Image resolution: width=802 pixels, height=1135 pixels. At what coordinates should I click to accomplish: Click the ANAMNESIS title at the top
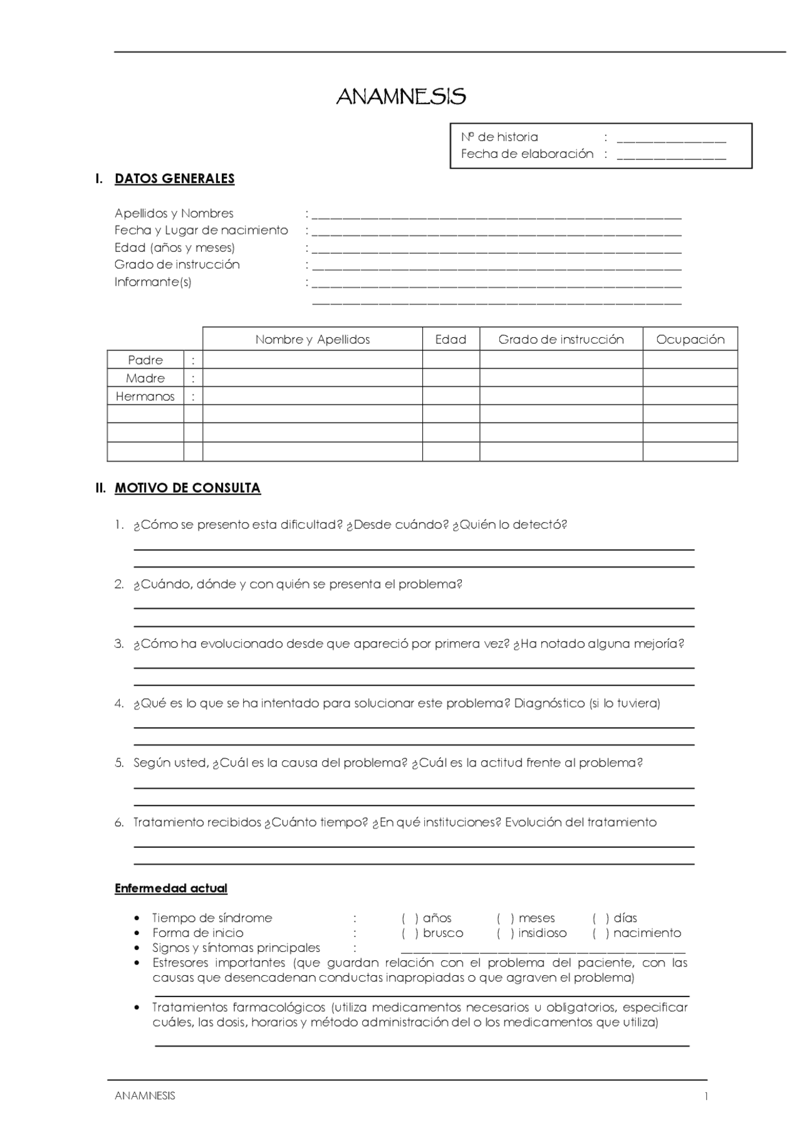click(x=400, y=97)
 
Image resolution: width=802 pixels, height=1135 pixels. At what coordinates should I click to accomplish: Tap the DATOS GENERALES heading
click(x=174, y=179)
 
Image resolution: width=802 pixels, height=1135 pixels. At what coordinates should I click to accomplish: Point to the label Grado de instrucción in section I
click(x=177, y=264)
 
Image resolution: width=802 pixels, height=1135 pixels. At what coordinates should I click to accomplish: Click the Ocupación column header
click(x=690, y=340)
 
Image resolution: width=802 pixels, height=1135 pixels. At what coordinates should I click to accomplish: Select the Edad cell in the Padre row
click(x=450, y=360)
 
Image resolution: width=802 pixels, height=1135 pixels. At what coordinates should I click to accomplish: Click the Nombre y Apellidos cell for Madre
click(x=312, y=378)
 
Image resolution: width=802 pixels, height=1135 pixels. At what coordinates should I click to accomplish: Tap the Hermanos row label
click(x=145, y=397)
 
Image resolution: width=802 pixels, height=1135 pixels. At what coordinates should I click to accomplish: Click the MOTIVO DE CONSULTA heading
click(x=187, y=488)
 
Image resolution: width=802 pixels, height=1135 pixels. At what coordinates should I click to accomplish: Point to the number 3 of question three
click(x=118, y=644)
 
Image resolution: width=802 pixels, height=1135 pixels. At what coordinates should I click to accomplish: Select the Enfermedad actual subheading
click(x=170, y=888)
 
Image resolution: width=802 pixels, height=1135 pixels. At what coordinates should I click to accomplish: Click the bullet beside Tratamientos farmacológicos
click(x=137, y=1008)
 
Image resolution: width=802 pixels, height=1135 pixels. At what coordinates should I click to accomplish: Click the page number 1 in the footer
click(x=706, y=1096)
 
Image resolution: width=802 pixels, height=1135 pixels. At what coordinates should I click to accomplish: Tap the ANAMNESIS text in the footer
click(x=145, y=1096)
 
